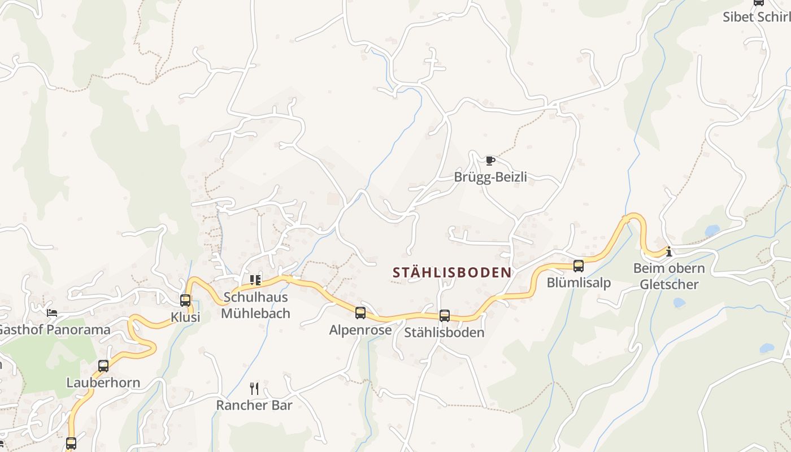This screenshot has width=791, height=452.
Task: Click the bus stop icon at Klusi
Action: click(185, 301)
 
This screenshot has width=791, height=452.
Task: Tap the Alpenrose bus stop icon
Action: click(360, 313)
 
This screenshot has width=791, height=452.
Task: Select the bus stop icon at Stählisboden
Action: click(445, 316)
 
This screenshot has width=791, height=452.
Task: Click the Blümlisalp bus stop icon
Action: click(579, 266)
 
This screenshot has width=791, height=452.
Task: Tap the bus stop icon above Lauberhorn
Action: click(103, 366)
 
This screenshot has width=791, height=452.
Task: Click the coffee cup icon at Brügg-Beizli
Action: click(490, 161)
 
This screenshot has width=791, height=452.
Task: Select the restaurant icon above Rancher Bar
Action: click(254, 388)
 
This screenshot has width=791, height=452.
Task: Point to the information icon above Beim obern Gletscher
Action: click(669, 251)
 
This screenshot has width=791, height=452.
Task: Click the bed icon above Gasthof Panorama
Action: click(52, 312)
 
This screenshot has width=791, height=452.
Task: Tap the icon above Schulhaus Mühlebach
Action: click(255, 280)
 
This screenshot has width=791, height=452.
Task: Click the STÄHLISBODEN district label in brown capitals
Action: click(452, 272)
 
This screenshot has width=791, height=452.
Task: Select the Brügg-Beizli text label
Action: click(490, 177)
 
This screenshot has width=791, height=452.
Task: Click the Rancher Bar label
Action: click(254, 405)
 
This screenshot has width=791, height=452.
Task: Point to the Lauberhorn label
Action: click(103, 383)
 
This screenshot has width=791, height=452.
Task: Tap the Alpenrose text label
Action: click(360, 330)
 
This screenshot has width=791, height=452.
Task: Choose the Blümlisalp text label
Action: click(579, 282)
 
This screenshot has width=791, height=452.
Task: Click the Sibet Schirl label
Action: click(756, 17)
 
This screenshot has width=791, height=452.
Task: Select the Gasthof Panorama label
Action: click(54, 329)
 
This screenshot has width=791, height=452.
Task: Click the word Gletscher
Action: click(669, 284)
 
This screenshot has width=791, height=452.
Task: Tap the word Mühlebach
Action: click(255, 313)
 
